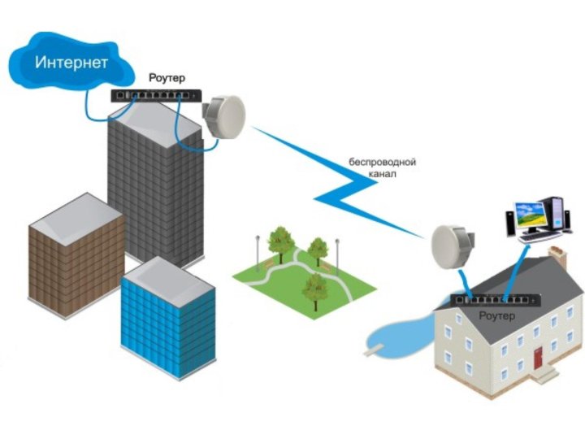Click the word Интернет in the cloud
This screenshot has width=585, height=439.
click(x=71, y=62)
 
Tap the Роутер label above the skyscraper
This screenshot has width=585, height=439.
click(x=167, y=78)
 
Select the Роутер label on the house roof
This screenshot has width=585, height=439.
click(x=497, y=315)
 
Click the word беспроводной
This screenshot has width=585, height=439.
click(x=383, y=162)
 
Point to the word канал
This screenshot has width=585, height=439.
click(x=383, y=174)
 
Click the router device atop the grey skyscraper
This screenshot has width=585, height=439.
click(x=156, y=96)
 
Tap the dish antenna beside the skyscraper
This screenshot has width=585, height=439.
click(x=224, y=117)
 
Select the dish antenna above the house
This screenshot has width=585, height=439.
click(x=453, y=247)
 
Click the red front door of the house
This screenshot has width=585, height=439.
click(x=538, y=358)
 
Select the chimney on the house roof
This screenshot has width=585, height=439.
click(x=557, y=257)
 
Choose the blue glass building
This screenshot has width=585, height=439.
click(x=168, y=317)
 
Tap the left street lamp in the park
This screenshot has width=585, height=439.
click(x=258, y=253)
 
